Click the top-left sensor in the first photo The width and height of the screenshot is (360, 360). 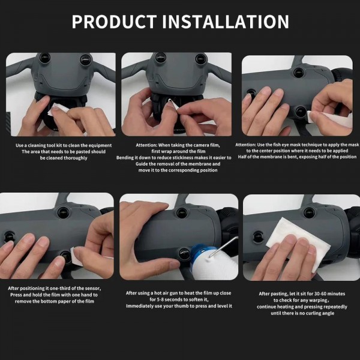coord(44,61)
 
